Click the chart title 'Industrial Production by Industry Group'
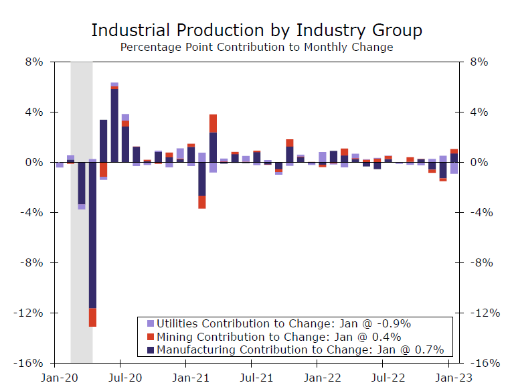tap(256, 31)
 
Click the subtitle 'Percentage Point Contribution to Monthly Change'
tap(256, 48)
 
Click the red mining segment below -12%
tap(92, 317)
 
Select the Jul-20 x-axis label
tap(120, 378)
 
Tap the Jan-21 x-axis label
tap(187, 378)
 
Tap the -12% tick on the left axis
tap(31, 313)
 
